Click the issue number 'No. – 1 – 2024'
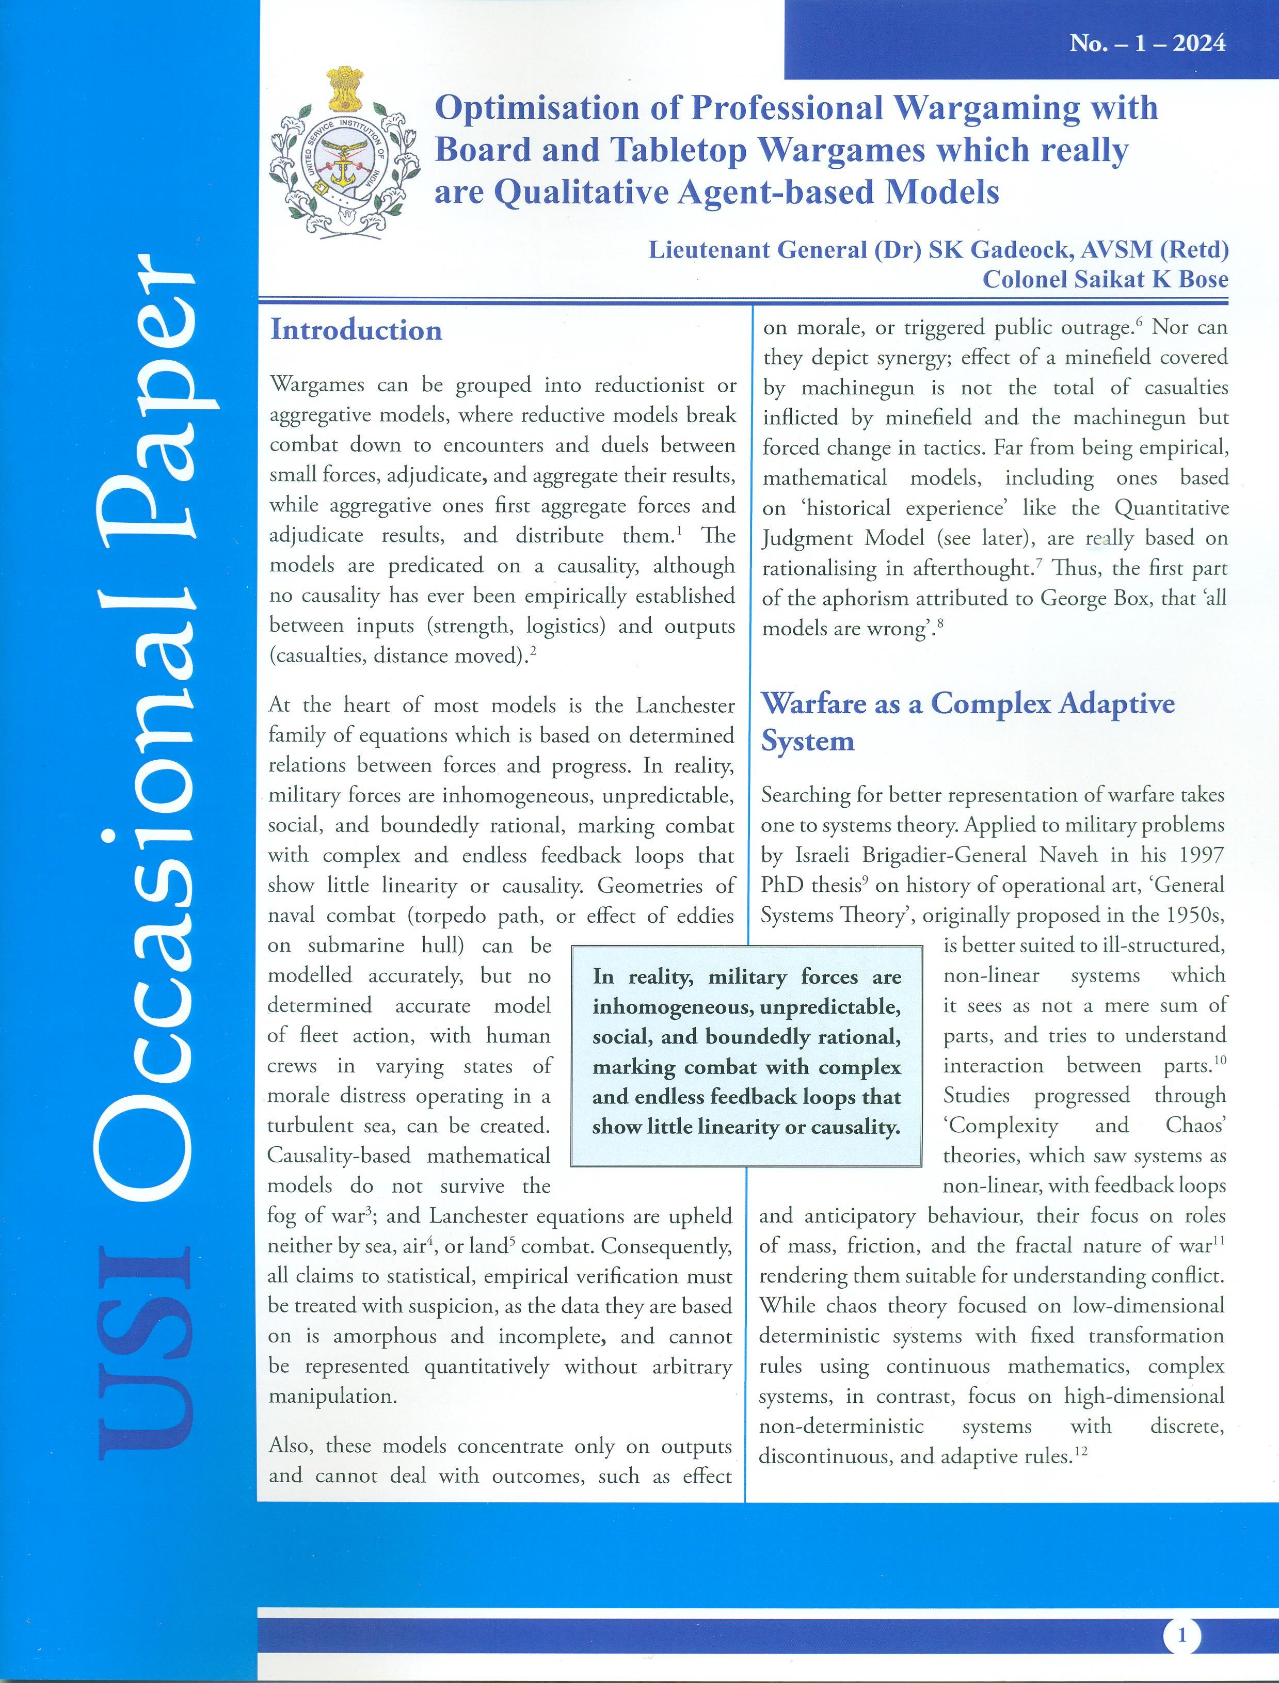tap(1147, 43)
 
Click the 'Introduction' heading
tap(356, 330)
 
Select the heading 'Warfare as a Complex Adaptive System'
tap(968, 722)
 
